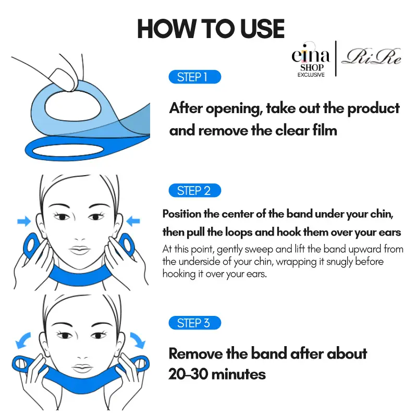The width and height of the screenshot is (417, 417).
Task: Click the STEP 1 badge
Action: [194, 77]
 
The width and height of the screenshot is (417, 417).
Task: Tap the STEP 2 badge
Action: [194, 190]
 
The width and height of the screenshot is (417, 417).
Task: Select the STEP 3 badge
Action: [194, 323]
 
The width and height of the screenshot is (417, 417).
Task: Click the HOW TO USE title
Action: [211, 29]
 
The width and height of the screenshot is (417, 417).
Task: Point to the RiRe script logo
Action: [371, 57]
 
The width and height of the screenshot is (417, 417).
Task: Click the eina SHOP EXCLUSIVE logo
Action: [311, 60]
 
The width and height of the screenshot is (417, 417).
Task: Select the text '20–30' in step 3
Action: [188, 374]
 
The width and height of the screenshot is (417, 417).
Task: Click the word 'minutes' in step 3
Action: [239, 374]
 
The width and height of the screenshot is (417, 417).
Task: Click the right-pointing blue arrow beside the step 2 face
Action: [24, 221]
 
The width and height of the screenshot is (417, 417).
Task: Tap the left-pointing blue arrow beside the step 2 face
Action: [133, 221]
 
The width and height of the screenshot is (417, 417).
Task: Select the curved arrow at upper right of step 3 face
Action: [138, 340]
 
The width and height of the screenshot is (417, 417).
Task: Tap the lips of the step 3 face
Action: [82, 369]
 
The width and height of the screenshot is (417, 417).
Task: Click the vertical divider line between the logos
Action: [336, 58]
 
